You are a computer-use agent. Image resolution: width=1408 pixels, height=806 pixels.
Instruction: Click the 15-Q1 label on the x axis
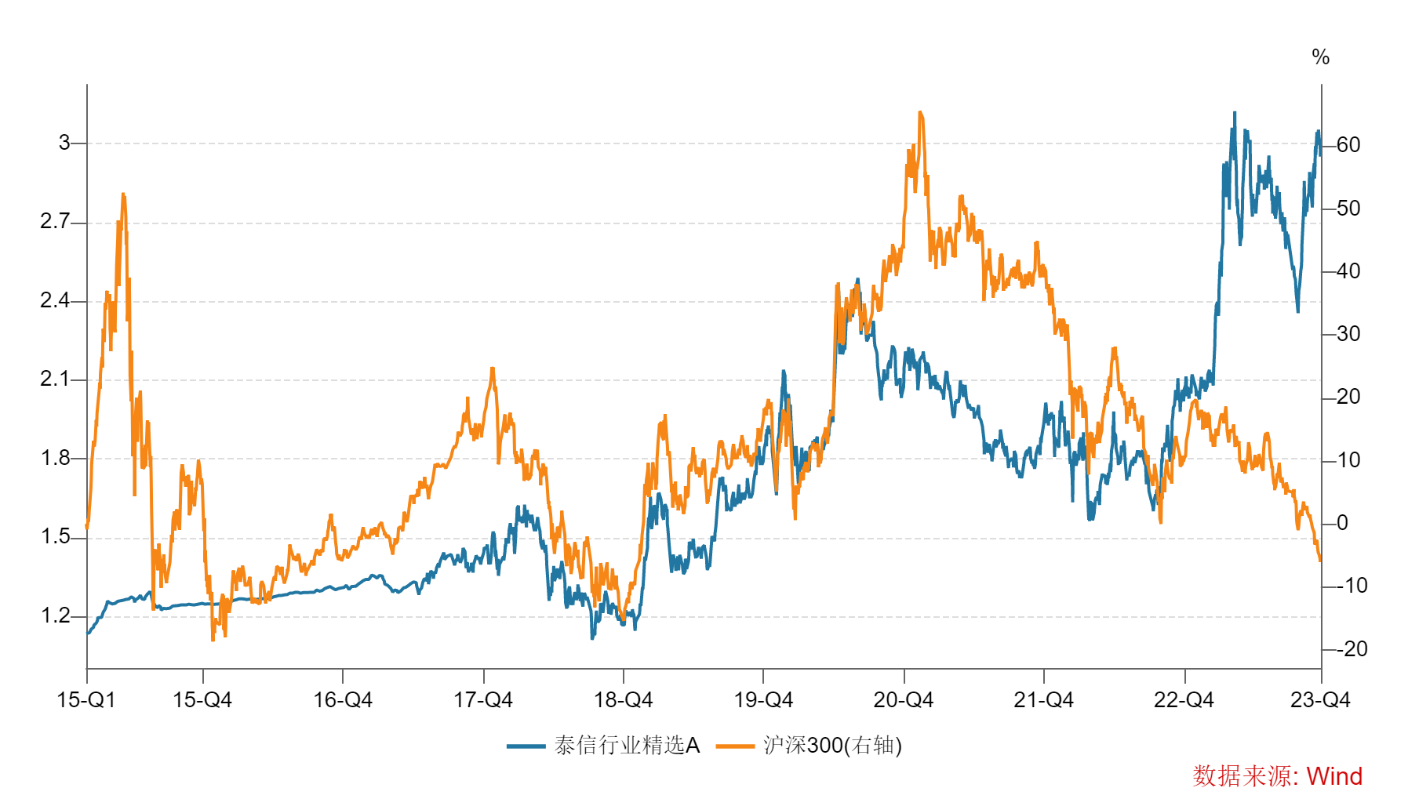pos(85,700)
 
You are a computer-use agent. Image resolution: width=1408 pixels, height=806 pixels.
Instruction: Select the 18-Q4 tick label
pos(623,700)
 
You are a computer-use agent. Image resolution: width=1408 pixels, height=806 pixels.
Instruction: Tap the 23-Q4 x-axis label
pos(1320,700)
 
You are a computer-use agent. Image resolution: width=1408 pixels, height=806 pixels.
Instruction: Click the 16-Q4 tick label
pos(343,700)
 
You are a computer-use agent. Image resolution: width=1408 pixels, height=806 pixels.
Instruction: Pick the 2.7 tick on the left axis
pos(55,222)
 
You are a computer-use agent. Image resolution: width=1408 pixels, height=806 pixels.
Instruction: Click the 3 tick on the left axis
pos(64,143)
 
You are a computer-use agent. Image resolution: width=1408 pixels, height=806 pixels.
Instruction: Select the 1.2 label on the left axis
pos(55,615)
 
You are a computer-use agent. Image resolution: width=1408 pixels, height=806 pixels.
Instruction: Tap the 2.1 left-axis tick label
pos(55,379)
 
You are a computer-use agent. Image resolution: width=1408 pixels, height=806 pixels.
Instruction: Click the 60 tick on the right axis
pos(1348,145)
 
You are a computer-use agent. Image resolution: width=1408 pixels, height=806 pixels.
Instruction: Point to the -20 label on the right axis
pos(1352,649)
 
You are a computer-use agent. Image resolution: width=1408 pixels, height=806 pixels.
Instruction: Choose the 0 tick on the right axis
pos(1342,523)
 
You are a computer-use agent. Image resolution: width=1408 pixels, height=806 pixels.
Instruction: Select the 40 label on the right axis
pos(1348,271)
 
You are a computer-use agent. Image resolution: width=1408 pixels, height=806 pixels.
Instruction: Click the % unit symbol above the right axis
pos(1320,57)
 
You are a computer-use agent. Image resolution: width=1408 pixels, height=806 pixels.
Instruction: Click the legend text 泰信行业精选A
pos(627,745)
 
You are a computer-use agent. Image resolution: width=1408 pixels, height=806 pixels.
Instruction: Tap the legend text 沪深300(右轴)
pos(832,745)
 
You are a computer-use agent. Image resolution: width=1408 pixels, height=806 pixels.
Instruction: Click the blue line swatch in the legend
pos(526,746)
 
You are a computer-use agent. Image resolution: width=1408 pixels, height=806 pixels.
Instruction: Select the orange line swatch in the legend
pos(735,746)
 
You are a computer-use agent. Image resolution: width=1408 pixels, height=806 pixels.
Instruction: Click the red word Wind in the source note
pos(1334,776)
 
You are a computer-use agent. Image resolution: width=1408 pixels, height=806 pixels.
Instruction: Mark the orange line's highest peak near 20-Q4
pos(920,113)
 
